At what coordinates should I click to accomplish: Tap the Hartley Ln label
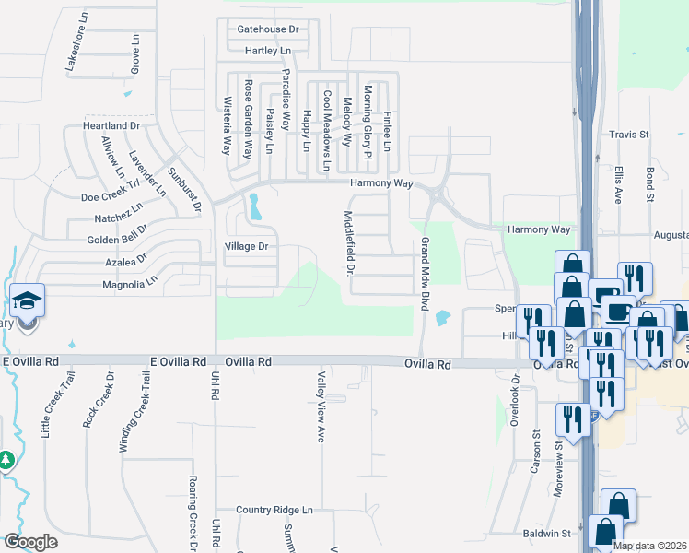point(268,51)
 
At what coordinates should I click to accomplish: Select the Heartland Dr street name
point(111,125)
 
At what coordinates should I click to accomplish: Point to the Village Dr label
point(246,246)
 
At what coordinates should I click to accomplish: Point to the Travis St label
point(629,135)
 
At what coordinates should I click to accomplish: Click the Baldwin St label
point(546,534)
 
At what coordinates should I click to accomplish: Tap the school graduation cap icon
point(27,300)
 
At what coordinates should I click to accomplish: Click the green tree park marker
point(6,459)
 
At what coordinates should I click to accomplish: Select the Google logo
point(30,542)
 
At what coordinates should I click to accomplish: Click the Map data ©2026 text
point(648,546)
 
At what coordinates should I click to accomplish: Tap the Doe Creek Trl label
point(111,195)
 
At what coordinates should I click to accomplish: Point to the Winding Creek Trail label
point(131,412)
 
